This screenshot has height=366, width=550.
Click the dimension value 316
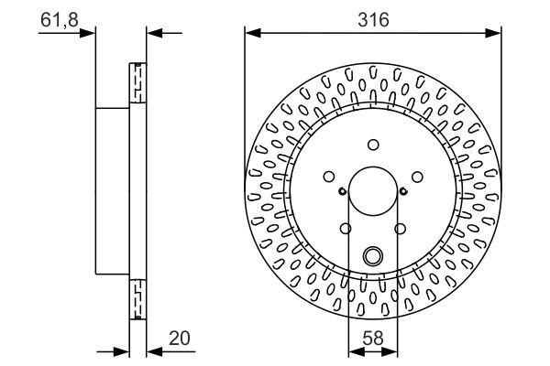pyautogui.click(x=372, y=19)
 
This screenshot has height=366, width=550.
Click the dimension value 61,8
pyautogui.click(x=57, y=18)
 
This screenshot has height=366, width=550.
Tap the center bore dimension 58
pyautogui.click(x=372, y=338)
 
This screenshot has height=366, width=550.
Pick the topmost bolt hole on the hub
pyautogui.click(x=372, y=143)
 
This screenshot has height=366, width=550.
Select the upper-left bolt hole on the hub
pyautogui.click(x=329, y=177)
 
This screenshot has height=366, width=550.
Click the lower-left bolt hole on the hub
pyautogui.click(x=346, y=229)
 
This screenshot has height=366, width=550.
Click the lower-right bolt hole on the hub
pyautogui.click(x=400, y=229)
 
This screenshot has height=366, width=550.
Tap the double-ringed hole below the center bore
pyautogui.click(x=372, y=256)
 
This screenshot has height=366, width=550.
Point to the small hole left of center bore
pyautogui.click(x=341, y=191)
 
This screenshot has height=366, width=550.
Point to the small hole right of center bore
pyautogui.click(x=403, y=191)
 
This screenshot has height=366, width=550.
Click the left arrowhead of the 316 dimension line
pyautogui.click(x=250, y=34)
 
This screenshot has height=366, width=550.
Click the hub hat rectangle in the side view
pyautogui.click(x=113, y=190)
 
